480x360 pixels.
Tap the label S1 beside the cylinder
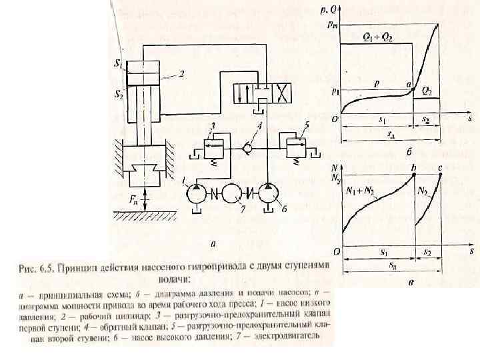pos(117,65)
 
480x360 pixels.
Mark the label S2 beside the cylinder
pos(117,95)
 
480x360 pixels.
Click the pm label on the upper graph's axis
pos(331,26)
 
